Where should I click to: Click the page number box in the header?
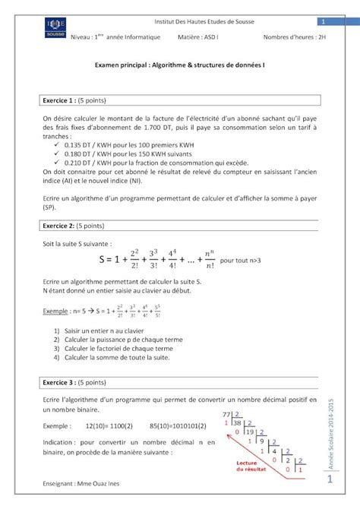[x=322, y=21]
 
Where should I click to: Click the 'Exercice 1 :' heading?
[x=60, y=100]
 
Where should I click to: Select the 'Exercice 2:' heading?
[x=60, y=226]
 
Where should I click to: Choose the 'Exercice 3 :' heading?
[x=60, y=382]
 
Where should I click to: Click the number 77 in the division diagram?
[x=226, y=414]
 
